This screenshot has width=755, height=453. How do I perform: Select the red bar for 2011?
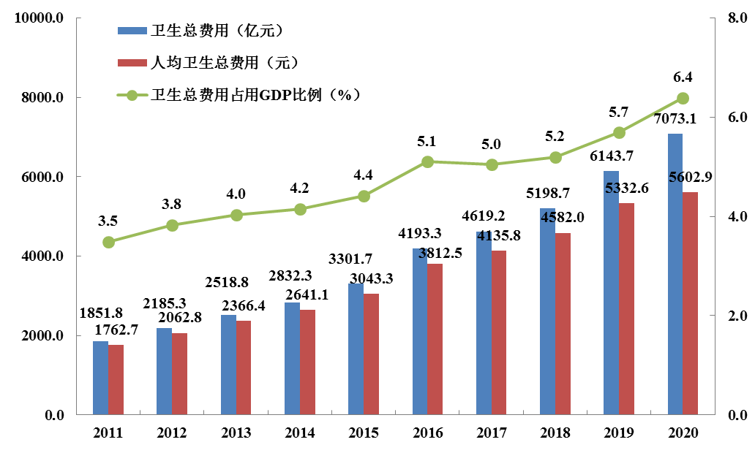116,380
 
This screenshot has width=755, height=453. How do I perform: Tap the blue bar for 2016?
420,332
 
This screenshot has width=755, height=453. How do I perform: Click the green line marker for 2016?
428,161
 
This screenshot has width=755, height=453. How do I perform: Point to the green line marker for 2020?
683,98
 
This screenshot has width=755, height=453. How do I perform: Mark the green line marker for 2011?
108,242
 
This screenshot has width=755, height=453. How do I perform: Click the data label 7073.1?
675,119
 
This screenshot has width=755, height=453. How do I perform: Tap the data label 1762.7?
116,329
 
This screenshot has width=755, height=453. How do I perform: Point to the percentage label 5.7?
618,112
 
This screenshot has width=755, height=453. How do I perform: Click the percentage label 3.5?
108,221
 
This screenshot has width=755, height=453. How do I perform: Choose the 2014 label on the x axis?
299,433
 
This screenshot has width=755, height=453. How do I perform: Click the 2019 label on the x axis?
618,433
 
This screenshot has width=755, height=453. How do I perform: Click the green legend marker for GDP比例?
132,95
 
